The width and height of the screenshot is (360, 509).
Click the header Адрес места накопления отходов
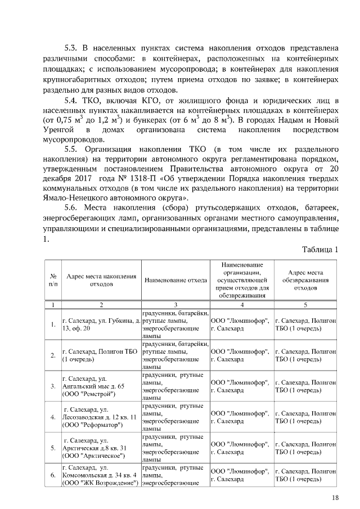(101, 280)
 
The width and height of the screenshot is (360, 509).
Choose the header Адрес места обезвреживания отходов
(305, 280)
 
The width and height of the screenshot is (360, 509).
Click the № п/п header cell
(52, 280)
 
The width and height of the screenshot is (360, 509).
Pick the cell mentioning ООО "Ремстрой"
(101, 386)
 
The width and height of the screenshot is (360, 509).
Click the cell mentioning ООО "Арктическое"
(101, 448)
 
